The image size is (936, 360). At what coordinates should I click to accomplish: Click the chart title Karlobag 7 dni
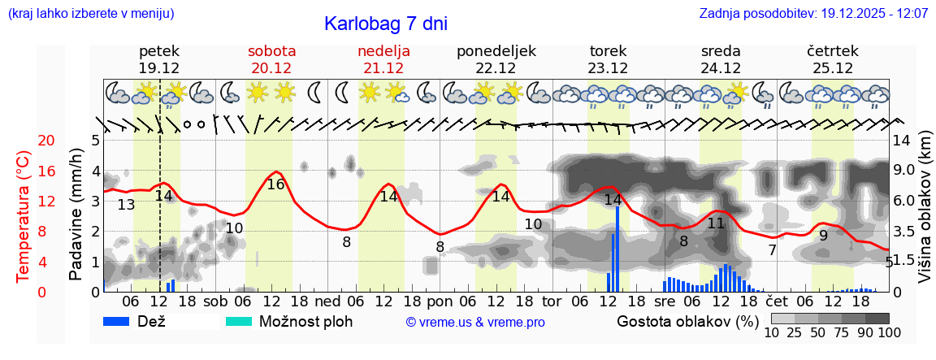tap(386, 24)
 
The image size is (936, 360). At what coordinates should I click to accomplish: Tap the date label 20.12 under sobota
tap(271, 68)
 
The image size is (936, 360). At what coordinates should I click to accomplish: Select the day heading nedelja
tap(383, 50)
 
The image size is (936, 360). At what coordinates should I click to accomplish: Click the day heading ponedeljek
tap(496, 50)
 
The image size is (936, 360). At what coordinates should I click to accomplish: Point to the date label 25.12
tap(833, 68)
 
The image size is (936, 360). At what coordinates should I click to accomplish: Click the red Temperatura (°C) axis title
tap(24, 215)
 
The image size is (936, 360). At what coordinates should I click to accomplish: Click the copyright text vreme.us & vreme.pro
tap(475, 323)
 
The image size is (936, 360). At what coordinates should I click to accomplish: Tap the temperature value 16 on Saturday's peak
tap(276, 184)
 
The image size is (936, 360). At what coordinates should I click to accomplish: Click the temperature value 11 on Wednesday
tap(716, 223)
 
